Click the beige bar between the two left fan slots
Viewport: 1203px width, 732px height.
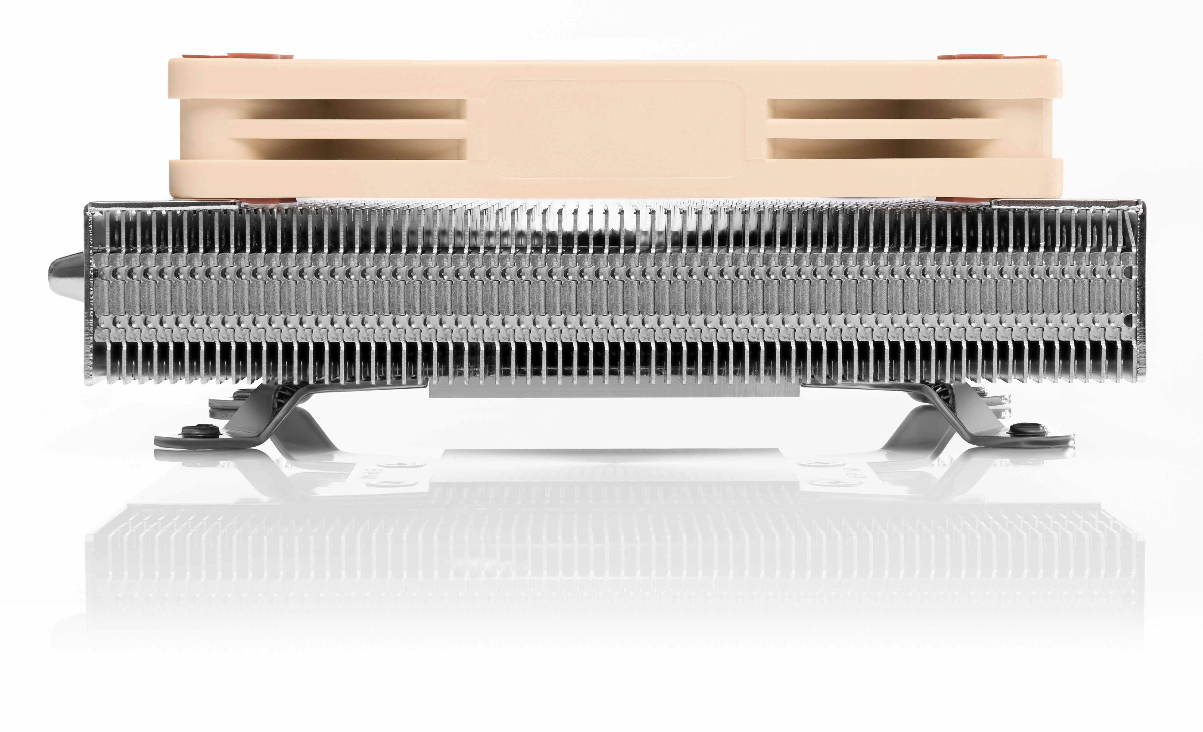[349, 129]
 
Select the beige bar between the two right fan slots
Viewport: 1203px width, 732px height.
[881, 129]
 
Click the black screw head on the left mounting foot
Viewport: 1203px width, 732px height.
[200, 431]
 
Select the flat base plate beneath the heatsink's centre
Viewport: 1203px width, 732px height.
[615, 390]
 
